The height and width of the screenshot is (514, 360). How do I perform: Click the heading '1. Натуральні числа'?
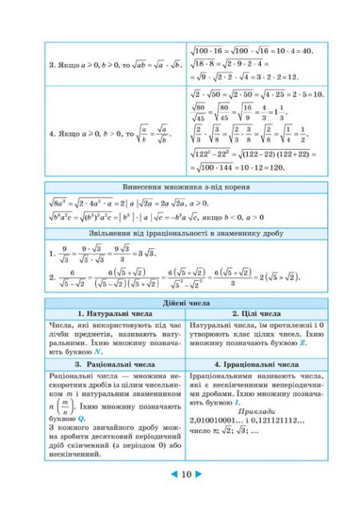click(x=115, y=314)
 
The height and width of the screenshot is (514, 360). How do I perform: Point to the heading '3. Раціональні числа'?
click(x=115, y=364)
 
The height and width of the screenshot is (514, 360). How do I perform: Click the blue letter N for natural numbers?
click(x=97, y=351)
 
